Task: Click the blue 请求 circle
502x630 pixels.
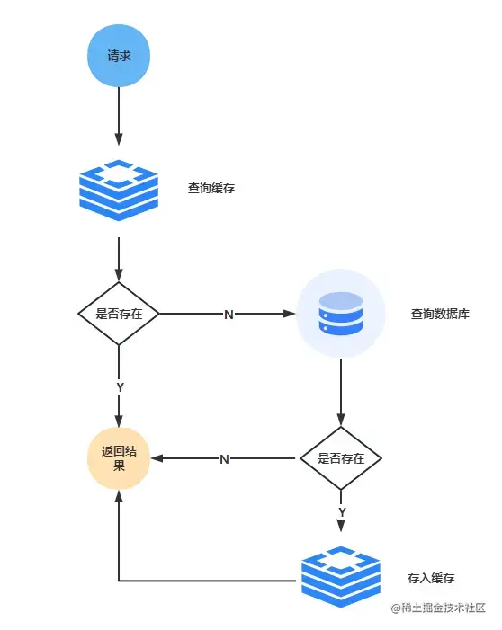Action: point(119,56)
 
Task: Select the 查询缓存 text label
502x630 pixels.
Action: point(211,188)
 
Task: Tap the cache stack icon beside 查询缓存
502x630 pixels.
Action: point(119,190)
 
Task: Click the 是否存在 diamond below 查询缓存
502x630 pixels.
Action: point(119,314)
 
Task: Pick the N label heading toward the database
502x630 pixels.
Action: point(229,315)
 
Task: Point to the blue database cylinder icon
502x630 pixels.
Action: point(341,314)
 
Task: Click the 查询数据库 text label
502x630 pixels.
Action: point(440,314)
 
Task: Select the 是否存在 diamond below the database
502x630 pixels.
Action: point(341,458)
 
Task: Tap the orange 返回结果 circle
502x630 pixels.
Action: point(119,458)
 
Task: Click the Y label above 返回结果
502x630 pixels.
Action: point(120,387)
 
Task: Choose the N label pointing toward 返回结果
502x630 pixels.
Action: point(224,459)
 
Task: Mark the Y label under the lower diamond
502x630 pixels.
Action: point(342,512)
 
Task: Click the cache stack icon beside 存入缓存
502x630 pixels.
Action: point(341,577)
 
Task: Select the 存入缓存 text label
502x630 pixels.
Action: point(431,578)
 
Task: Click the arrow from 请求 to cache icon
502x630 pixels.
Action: point(119,116)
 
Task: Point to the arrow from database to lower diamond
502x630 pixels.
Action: point(341,393)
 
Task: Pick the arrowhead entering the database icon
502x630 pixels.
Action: point(290,314)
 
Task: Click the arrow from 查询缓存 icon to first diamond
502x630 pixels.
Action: point(119,259)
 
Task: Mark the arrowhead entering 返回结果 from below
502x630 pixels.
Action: point(119,497)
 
